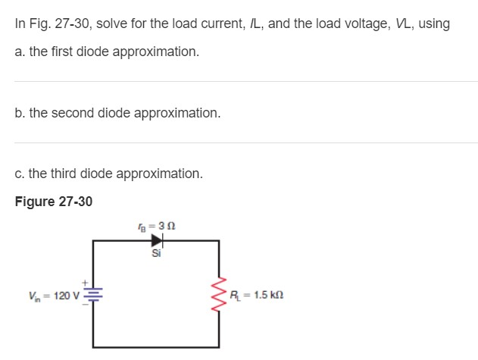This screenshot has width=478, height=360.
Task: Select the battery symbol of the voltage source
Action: (x=93, y=295)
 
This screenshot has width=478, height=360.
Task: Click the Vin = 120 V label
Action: (x=48, y=295)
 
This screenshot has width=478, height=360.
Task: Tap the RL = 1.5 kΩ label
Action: (x=257, y=295)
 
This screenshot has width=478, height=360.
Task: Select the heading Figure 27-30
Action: (x=54, y=202)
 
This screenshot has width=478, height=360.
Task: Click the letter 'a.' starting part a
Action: (x=20, y=52)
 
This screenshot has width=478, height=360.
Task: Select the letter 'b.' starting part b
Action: (x=20, y=113)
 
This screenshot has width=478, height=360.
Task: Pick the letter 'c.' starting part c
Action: (x=20, y=174)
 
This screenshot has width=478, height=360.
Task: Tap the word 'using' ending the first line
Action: (x=434, y=23)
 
